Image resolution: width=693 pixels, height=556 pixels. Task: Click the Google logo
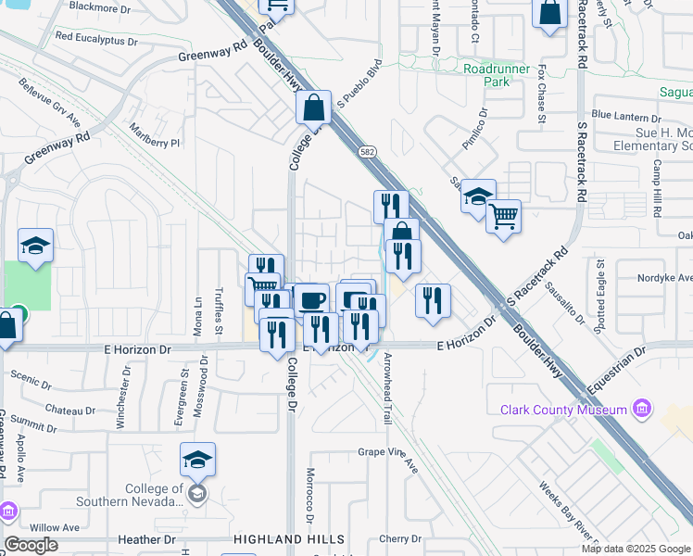[x=31, y=545]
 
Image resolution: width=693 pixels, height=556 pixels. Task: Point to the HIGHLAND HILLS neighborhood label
[x=289, y=539]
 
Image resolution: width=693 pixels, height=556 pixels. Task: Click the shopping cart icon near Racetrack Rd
[x=503, y=218]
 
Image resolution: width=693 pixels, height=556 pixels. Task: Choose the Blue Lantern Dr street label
[x=625, y=118]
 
